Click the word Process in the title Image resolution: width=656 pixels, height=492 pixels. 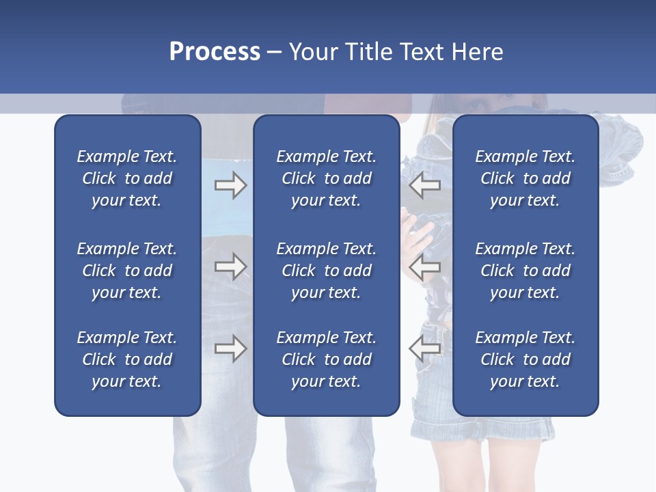pos(215,52)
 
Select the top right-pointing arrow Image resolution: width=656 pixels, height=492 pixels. pos(230,185)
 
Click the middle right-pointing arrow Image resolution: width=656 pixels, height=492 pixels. pos(230,266)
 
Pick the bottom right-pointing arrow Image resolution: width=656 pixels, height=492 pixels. pos(230,348)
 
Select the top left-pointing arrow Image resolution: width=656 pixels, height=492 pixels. pos(425,185)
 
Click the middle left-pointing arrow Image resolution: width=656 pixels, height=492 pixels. pos(425,266)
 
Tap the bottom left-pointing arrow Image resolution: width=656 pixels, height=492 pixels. pos(425,348)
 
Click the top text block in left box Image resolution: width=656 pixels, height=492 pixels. pos(127,178)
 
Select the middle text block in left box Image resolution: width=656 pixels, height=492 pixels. pos(127,271)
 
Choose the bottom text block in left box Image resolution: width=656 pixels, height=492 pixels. pos(127,359)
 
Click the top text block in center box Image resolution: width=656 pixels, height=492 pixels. pos(326,178)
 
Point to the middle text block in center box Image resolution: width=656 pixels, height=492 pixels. pos(326,271)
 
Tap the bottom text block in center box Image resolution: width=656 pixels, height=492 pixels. pos(326,359)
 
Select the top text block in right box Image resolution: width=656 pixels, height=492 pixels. pos(525,178)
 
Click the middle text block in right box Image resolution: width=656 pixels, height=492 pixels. pos(525,271)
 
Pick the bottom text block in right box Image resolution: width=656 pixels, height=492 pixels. pos(525,359)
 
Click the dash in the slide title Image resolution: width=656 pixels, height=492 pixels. pos(275,53)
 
